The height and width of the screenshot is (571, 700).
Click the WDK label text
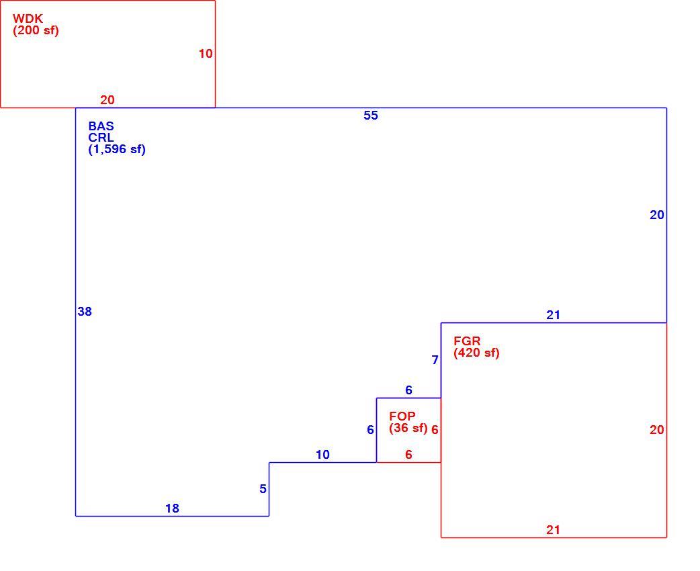coord(28,19)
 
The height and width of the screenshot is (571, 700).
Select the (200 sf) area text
coord(36,31)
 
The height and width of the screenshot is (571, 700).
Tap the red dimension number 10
coord(206,54)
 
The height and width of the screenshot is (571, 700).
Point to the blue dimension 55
coord(371,116)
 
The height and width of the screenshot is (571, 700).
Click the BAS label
coord(101,126)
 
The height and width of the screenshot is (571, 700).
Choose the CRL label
coord(101,138)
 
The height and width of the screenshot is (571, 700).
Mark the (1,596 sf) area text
coord(117,150)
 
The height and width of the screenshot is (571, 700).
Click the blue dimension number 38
coord(85,312)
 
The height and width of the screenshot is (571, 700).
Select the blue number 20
coord(657,215)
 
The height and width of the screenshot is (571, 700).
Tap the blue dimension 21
coord(553,315)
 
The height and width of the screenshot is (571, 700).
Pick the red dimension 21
coord(553,530)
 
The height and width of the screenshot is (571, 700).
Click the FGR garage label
coord(467,341)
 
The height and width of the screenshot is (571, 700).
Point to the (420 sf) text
coord(476,353)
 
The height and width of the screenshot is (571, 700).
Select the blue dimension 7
coord(435,360)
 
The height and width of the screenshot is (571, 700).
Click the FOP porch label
coord(402,416)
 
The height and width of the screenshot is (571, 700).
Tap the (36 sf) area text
coord(408,428)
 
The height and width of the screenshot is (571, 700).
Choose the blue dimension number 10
coord(322,455)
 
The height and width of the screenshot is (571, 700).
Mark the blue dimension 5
coord(263,489)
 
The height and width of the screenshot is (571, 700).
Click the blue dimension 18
coord(173,509)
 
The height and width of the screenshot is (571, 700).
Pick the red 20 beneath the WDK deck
coord(107,100)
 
